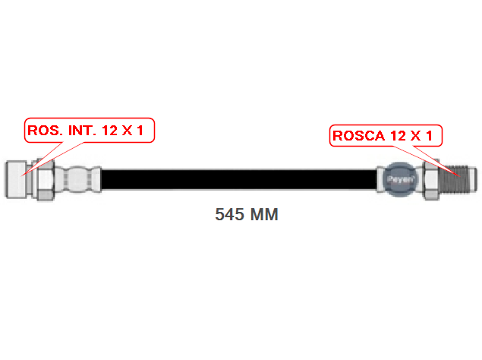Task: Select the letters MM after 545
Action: [x=263, y=215]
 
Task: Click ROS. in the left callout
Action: [x=43, y=131]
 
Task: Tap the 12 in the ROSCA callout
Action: [x=397, y=137]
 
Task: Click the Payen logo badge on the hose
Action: [x=400, y=181]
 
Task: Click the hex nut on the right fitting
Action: [x=430, y=180]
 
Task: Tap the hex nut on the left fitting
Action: [x=44, y=180]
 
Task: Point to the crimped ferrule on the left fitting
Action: [x=79, y=180]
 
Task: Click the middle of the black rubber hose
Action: [x=239, y=180]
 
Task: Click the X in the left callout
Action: [x=128, y=131]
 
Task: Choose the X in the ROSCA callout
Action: [x=414, y=137]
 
